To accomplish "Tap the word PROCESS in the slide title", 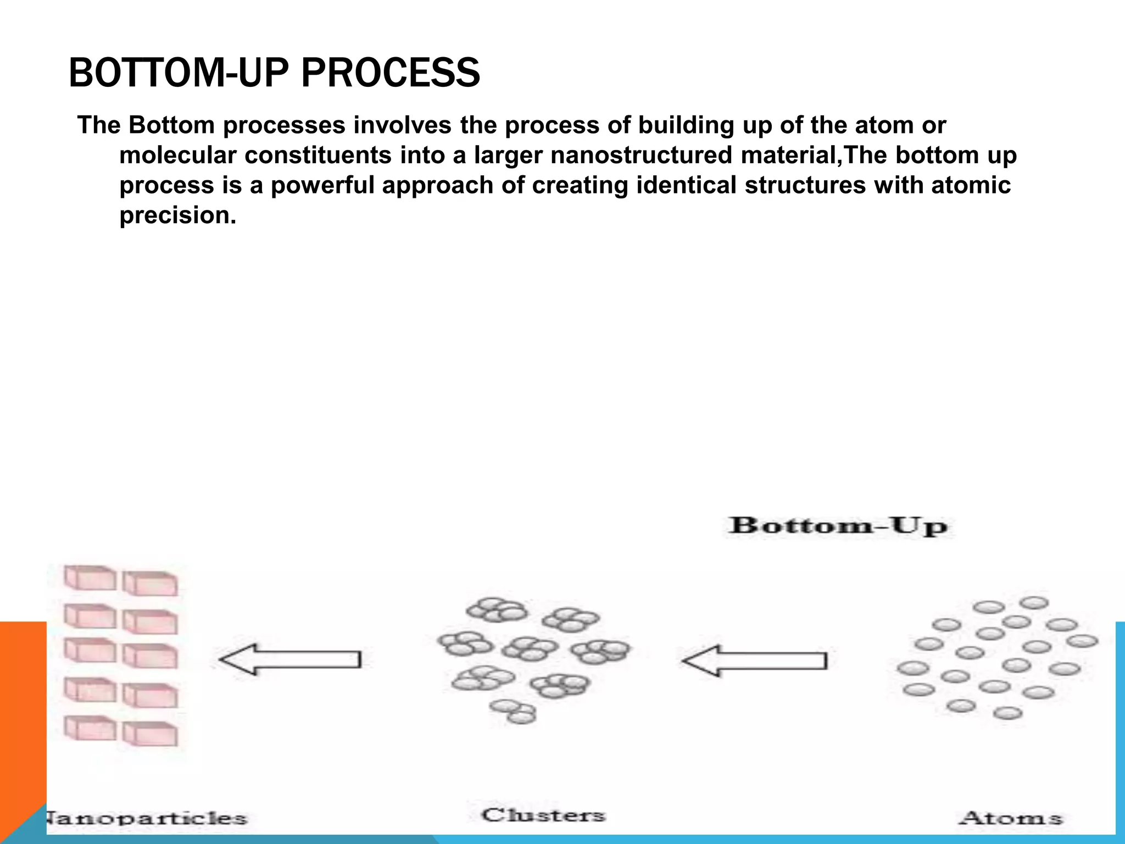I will pyautogui.click(x=391, y=73).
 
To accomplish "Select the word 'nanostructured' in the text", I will pyautogui.click(x=641, y=156).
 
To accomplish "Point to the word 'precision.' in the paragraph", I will pyautogui.click(x=177, y=215).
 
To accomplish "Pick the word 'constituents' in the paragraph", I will pyautogui.click(x=318, y=156).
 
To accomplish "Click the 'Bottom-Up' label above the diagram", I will pyautogui.click(x=838, y=526).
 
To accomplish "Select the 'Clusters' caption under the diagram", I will pyautogui.click(x=543, y=814).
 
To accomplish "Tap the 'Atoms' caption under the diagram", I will pyautogui.click(x=1010, y=818).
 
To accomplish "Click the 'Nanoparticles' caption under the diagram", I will pyautogui.click(x=146, y=818).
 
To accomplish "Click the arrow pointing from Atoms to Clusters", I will pyautogui.click(x=754, y=660).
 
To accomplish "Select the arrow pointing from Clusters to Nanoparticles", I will pyautogui.click(x=290, y=659).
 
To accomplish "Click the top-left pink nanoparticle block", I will pyautogui.click(x=90, y=578).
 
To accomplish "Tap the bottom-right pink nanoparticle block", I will pyautogui.click(x=150, y=734).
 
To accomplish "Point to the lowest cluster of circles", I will pyautogui.click(x=513, y=711).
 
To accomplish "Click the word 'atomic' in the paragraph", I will pyautogui.click(x=971, y=185).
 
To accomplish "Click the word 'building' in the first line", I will pyautogui.click(x=686, y=126).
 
